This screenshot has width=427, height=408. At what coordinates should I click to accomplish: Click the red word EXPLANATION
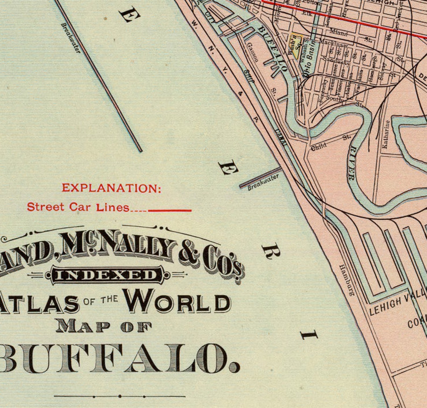click(111, 188)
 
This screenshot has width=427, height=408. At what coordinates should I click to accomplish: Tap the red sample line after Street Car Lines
click(170, 210)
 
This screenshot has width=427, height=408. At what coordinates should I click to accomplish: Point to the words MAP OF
click(104, 327)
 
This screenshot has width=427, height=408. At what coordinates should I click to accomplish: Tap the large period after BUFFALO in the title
click(234, 367)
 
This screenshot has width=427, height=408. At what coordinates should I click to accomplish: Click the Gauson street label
click(253, 52)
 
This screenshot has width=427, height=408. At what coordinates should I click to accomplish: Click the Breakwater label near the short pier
click(263, 183)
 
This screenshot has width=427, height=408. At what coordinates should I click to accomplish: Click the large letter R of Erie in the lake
click(271, 252)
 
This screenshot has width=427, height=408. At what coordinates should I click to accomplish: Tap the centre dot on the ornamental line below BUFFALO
click(120, 396)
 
